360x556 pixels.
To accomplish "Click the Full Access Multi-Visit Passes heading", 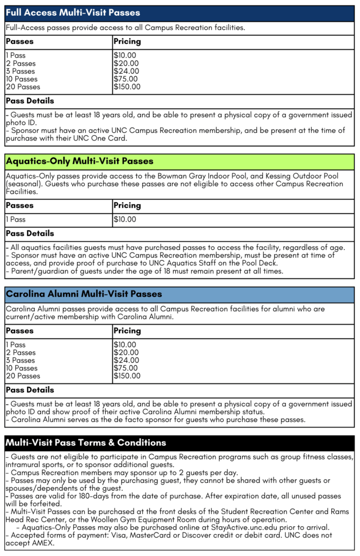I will click(x=73, y=12).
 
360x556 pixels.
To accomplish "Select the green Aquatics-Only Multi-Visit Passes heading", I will click(x=80, y=161).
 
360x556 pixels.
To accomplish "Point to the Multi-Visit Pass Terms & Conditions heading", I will click(x=86, y=443).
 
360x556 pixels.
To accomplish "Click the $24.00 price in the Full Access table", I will click(x=126, y=71).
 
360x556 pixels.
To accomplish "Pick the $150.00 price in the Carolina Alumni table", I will click(x=127, y=376).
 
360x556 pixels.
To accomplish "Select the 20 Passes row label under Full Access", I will click(x=23, y=87).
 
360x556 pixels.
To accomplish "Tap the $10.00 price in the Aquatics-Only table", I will click(x=125, y=220).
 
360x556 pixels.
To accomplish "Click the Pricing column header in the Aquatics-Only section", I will click(x=127, y=206).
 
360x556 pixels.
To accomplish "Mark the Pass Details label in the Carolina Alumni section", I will click(x=30, y=390).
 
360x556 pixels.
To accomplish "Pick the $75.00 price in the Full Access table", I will click(x=126, y=79).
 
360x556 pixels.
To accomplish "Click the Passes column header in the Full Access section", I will click(x=20, y=41).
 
